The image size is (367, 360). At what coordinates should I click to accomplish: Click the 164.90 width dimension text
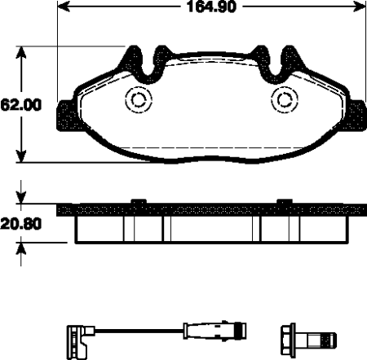click(211, 7)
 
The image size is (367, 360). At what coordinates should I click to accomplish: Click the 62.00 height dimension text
click(21, 105)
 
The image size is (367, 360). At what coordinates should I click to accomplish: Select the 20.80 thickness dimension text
click(21, 224)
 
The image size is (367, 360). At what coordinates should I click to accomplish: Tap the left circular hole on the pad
click(139, 99)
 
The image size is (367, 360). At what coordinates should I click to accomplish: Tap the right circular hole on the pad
click(285, 99)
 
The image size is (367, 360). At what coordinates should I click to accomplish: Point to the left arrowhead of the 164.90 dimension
click(64, 7)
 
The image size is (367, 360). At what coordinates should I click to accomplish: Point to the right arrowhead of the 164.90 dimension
click(359, 7)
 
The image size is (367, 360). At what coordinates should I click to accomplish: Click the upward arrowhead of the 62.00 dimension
click(21, 53)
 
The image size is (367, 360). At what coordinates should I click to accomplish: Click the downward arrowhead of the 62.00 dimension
click(21, 156)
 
